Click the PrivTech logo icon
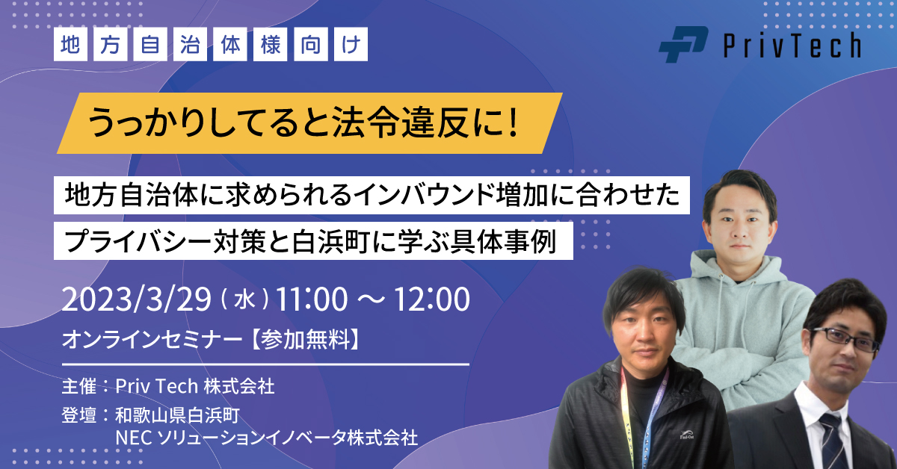tap(683, 45)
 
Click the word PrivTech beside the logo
tap(792, 46)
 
